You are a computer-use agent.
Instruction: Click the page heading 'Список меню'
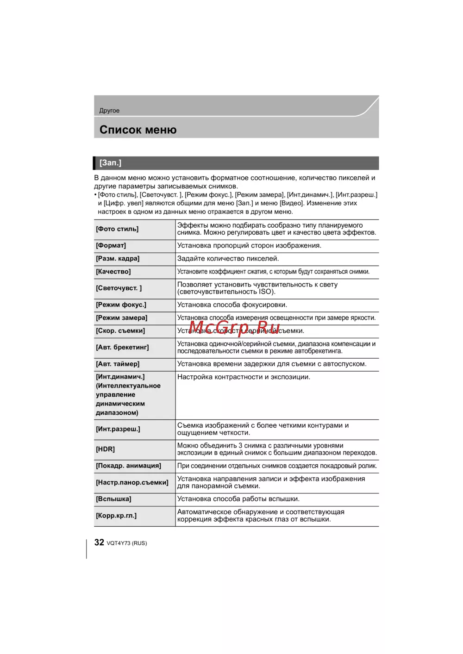pos(138,130)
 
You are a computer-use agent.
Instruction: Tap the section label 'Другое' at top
pos(109,111)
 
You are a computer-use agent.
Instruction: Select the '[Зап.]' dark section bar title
pos(110,163)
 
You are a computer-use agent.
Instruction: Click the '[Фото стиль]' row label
pos(117,229)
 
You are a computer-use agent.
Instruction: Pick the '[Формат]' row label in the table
pos(111,246)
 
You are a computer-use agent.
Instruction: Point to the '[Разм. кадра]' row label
pos(118,259)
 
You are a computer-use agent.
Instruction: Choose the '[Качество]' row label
pos(113,272)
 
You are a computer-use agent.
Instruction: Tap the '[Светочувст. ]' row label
pos(119,288)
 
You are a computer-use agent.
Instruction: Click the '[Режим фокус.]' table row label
pos(121,305)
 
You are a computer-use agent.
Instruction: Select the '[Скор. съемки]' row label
pos(120,331)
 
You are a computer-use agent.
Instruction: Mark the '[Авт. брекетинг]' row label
pos(122,348)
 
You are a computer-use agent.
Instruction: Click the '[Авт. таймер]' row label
pos(118,364)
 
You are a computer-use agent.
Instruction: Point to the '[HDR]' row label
pos(106,449)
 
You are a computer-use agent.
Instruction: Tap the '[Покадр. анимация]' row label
pos(129,466)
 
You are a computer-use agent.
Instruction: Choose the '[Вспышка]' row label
pos(113,499)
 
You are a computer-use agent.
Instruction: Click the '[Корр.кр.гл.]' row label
pos(116,516)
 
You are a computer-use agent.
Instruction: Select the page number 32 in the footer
pos(99,542)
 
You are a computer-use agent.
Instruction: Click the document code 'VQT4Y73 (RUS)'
pos(127,543)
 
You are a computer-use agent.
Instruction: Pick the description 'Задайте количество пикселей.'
pos(228,259)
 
